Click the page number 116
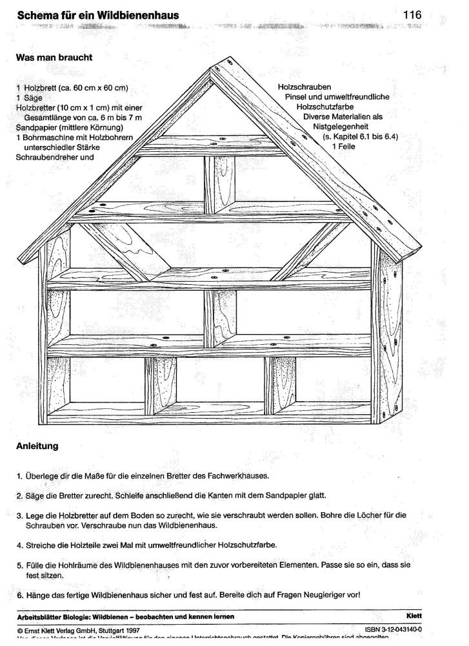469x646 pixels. pos(412,14)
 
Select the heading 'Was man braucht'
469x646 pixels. pos(54,57)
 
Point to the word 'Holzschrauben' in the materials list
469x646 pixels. pos(304,87)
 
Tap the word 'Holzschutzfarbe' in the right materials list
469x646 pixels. pos(326,107)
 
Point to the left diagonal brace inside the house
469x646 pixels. pos(117,253)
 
